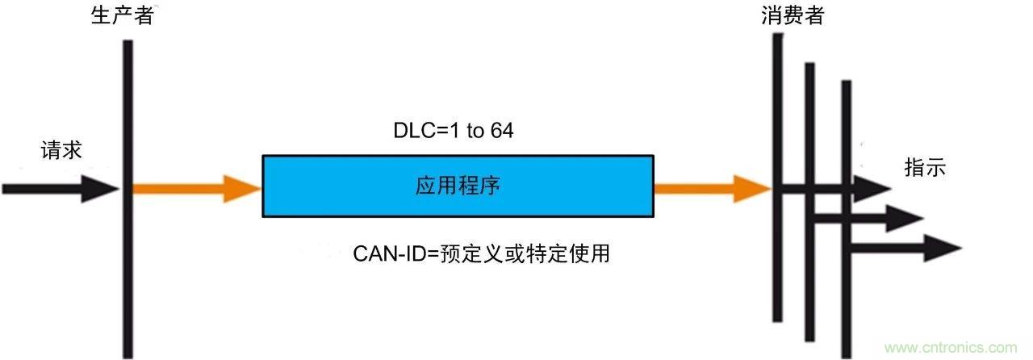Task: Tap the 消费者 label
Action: point(792,16)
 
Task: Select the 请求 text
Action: point(62,150)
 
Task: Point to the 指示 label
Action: point(925,168)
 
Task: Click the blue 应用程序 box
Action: point(458,186)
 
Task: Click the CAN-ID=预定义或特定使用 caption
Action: point(481,254)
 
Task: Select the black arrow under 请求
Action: point(61,190)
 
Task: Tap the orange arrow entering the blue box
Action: point(197,190)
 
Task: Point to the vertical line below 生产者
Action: point(128,266)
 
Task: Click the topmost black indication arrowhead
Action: point(875,189)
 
